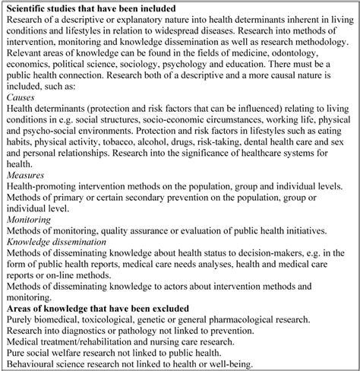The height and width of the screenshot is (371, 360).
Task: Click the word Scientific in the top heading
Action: pos(36,8)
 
